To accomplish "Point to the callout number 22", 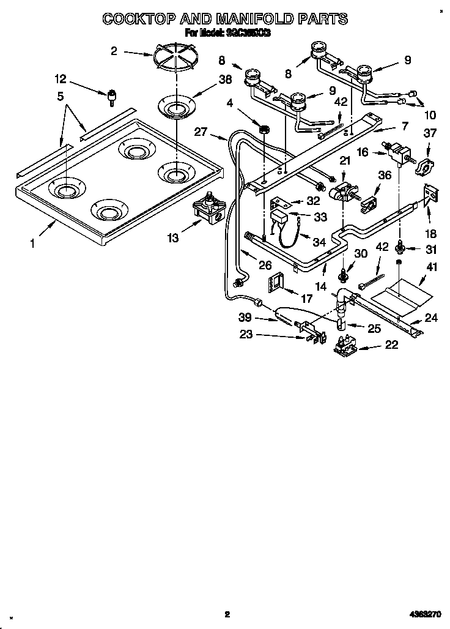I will click(x=391, y=345).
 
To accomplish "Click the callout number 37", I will click(x=431, y=134).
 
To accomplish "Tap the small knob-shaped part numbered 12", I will click(x=112, y=95).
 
